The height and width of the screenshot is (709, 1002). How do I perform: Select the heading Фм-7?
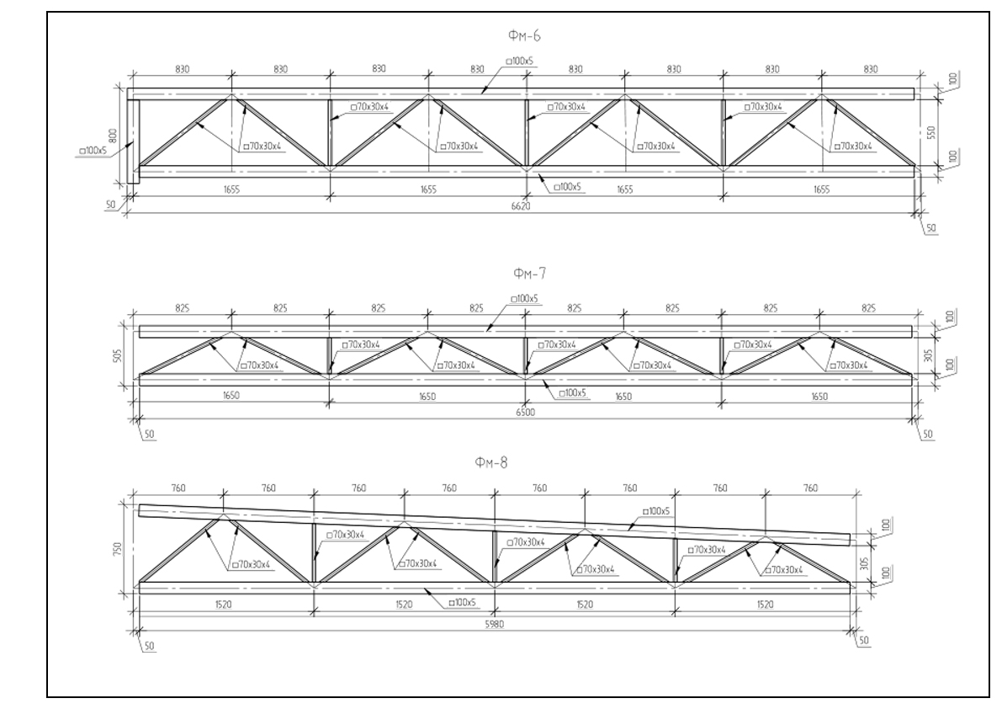[x=530, y=274]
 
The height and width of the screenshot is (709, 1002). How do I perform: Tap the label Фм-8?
[x=491, y=462]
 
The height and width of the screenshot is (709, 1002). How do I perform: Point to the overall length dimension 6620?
[x=521, y=205]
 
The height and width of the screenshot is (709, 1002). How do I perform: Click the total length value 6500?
[x=525, y=413]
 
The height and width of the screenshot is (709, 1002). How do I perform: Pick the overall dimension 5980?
[x=495, y=625]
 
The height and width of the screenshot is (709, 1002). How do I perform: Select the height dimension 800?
[x=113, y=135]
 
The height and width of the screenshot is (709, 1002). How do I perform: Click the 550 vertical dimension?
[x=931, y=132]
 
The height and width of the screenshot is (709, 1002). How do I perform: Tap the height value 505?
[x=115, y=354]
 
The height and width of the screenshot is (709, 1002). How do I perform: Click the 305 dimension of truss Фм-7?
[x=929, y=354]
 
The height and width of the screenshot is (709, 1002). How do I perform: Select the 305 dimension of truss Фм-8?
[x=865, y=562]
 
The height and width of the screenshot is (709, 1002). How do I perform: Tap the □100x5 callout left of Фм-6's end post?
[x=92, y=151]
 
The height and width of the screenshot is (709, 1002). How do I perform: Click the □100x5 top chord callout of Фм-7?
[x=525, y=299]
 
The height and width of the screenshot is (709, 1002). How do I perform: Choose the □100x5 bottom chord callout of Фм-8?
[x=463, y=602]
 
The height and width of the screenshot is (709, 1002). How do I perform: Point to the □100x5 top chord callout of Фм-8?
[x=655, y=511]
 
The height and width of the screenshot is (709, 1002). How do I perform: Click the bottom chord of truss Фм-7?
[x=525, y=380]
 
